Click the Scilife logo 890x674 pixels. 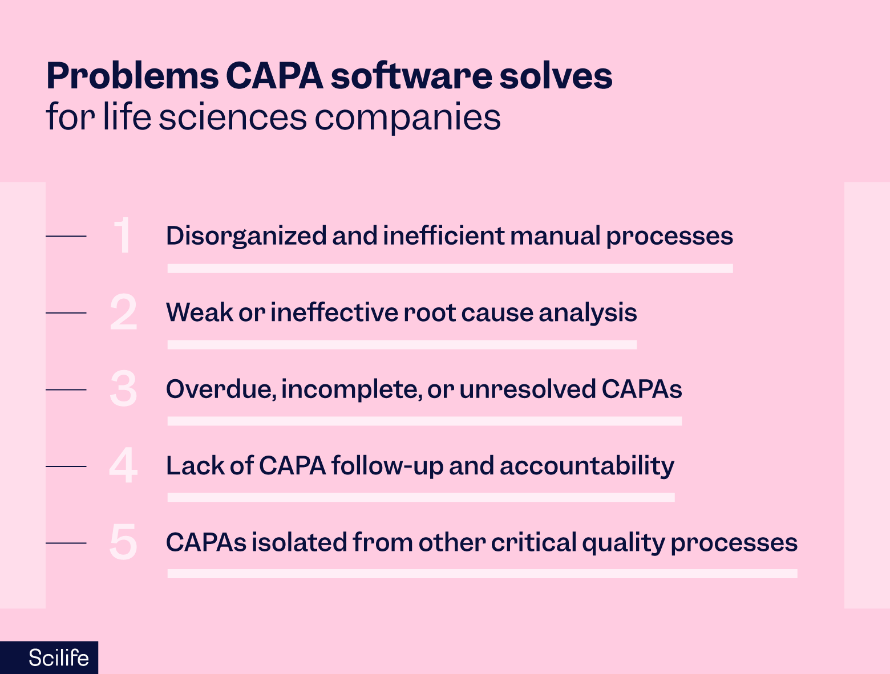[x=58, y=657]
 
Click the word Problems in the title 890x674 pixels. [x=132, y=76]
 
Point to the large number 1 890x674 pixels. [x=123, y=236]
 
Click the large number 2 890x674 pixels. [x=123, y=312]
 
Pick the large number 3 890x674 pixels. [x=123, y=389]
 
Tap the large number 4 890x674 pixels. [x=123, y=466]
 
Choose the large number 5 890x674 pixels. [x=123, y=542]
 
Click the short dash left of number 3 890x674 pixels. [x=66, y=389]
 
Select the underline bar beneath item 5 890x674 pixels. [x=482, y=574]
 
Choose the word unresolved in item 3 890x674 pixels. [x=528, y=389]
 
